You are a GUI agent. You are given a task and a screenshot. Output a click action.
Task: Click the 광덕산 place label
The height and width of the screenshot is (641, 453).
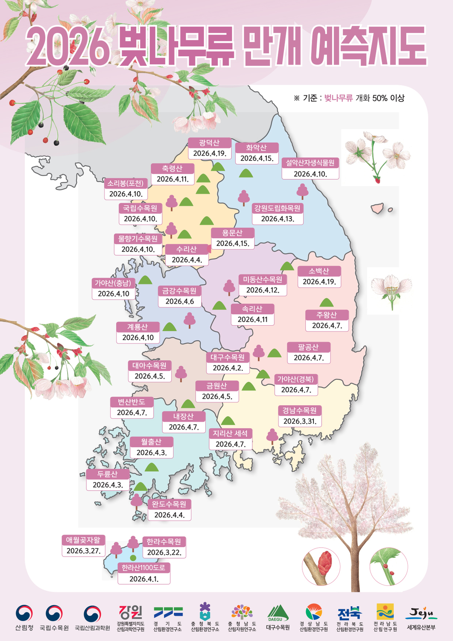tap(210, 143)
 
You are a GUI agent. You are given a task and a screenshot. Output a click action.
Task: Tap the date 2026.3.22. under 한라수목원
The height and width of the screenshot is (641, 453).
tap(164, 553)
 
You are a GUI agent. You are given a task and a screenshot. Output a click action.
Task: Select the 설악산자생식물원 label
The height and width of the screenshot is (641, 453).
tap(310, 163)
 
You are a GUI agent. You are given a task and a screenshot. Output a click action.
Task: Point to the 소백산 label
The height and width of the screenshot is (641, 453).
tap(319, 271)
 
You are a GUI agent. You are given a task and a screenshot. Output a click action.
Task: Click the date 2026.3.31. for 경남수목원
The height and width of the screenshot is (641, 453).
tap(300, 421)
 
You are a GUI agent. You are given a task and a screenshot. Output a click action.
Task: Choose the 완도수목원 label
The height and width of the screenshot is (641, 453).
tap(169, 504)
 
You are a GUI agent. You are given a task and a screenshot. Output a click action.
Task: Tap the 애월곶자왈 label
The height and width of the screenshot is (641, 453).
tap(83, 540)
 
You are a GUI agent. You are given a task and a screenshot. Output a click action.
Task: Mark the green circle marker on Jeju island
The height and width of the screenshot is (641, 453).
tap(133, 558)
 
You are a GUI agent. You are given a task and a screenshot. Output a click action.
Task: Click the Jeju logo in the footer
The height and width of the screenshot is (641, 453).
tap(421, 614)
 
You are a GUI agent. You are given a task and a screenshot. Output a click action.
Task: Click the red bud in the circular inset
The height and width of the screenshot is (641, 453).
tap(324, 562)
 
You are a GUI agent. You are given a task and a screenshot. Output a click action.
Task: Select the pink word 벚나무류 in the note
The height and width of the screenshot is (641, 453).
tap(338, 98)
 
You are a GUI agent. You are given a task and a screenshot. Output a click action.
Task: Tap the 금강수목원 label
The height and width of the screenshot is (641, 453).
tap(179, 291)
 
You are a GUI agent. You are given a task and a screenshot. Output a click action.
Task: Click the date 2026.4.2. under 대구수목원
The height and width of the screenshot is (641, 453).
tap(228, 368)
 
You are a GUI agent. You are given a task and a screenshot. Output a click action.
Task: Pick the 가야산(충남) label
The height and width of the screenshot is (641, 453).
tap(113, 283)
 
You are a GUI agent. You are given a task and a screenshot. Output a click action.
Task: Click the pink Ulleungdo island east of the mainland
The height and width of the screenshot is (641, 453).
tap(377, 208)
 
